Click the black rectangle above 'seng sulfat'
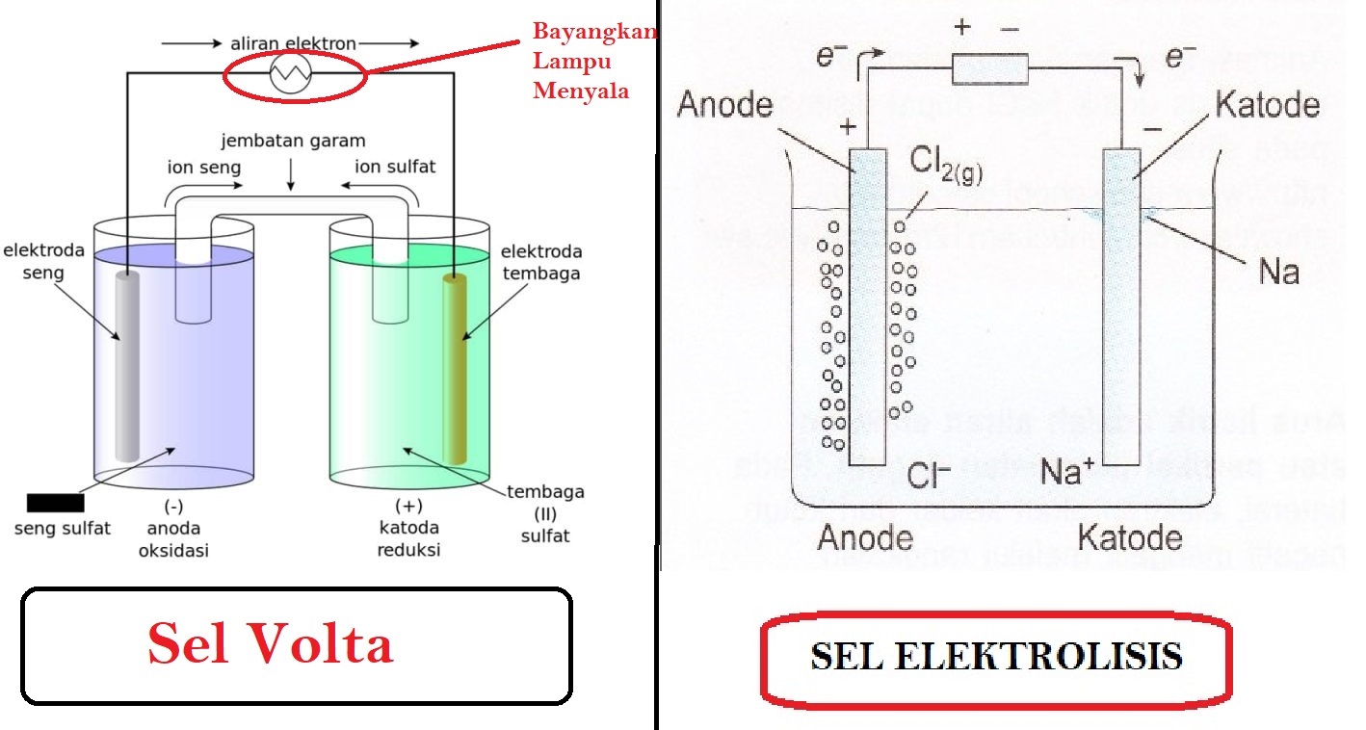pos(55,503)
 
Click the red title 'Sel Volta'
pos(271,644)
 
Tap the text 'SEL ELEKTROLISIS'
pos(997,656)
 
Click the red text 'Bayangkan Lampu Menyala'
pos(594,61)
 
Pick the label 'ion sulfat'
pos(396,167)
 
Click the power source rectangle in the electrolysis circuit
pos(990,68)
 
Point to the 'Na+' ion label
pos(1066,471)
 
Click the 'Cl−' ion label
pos(929,474)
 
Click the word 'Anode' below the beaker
pos(864,535)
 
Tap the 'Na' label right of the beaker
pos(1278,271)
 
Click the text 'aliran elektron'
pos(293,43)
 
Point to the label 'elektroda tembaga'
pos(540,262)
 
